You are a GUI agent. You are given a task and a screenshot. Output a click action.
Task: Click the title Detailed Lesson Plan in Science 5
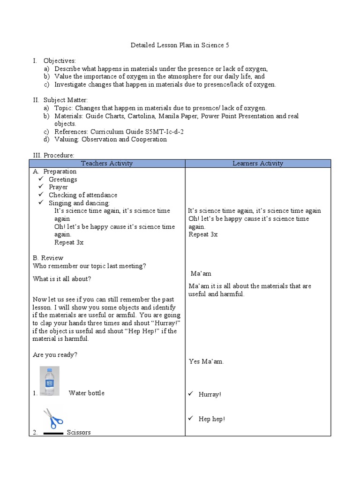[x=179, y=45]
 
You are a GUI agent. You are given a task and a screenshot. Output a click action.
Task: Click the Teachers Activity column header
[x=107, y=163]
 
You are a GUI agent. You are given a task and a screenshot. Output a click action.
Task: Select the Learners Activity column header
[x=258, y=163]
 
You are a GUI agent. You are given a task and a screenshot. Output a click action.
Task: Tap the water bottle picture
[x=49, y=381]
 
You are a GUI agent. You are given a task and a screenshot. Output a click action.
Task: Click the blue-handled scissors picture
[x=53, y=419]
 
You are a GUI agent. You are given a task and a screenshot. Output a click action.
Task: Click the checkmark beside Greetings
[x=41, y=179]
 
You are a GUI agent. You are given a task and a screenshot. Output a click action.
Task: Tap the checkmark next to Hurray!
[x=191, y=394]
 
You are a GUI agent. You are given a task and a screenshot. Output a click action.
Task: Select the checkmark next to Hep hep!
[x=191, y=419]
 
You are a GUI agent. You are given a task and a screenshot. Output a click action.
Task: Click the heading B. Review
[x=48, y=258]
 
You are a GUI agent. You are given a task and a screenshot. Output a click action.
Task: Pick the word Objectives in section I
[x=60, y=61]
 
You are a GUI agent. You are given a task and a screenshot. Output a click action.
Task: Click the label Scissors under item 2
[x=79, y=432]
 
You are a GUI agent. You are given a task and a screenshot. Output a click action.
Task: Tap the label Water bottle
[x=86, y=393]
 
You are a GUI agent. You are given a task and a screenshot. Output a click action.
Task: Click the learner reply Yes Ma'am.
[x=206, y=361]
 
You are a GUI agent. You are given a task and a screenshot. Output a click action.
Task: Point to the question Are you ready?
[x=55, y=355]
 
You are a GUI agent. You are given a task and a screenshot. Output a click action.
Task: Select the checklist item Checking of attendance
[x=83, y=195]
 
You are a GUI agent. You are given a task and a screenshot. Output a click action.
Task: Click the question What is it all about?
[x=62, y=278]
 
